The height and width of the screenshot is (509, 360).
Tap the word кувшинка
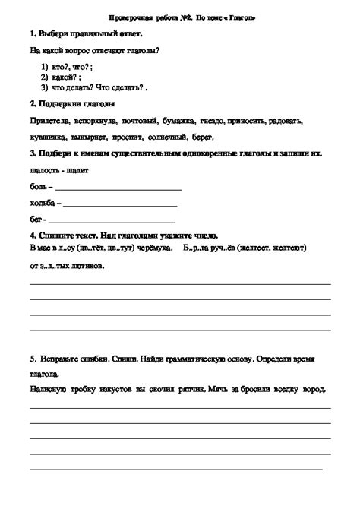[47, 138]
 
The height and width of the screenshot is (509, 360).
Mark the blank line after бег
[106, 221]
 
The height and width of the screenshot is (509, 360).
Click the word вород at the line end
[314, 389]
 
